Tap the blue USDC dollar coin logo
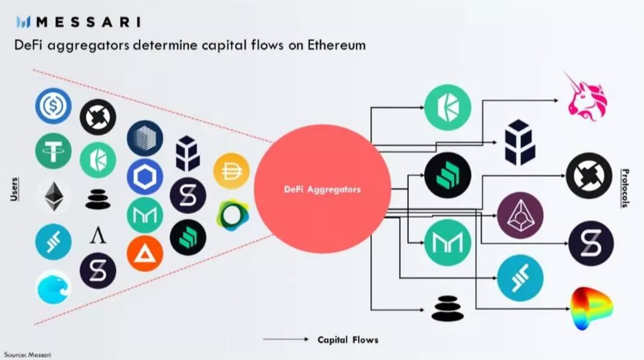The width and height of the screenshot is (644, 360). [53, 106]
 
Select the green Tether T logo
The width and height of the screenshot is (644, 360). [53, 151]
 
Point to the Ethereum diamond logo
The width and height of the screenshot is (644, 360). [53, 197]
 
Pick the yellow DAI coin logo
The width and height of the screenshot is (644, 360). [232, 171]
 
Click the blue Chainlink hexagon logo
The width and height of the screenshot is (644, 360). [145, 177]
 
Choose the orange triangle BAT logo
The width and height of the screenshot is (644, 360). [145, 254]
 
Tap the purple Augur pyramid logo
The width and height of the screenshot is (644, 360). [520, 215]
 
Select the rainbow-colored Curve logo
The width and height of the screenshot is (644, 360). [591, 309]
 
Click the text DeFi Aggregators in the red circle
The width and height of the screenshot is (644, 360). [322, 189]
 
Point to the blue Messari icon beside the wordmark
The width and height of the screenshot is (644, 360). [23, 22]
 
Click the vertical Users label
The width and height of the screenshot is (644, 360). [14, 189]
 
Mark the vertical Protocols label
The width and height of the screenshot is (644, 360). [625, 188]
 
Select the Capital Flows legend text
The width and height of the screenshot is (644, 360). [348, 340]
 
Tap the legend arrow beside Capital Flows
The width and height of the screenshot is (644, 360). [286, 339]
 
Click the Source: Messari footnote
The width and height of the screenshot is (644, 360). [27, 355]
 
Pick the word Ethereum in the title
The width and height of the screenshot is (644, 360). [336, 45]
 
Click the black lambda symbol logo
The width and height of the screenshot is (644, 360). [98, 236]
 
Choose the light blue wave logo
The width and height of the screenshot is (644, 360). [53, 287]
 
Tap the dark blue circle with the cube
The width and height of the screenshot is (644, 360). [145, 139]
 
